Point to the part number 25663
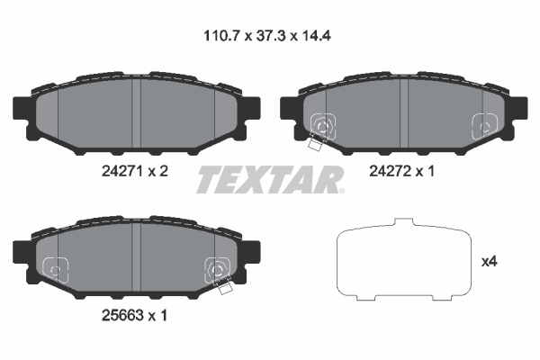[121, 316]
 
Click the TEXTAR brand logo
[269, 179]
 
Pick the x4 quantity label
[490, 262]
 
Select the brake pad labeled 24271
[134, 113]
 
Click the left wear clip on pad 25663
[55, 267]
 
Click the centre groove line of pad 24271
[134, 113]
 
